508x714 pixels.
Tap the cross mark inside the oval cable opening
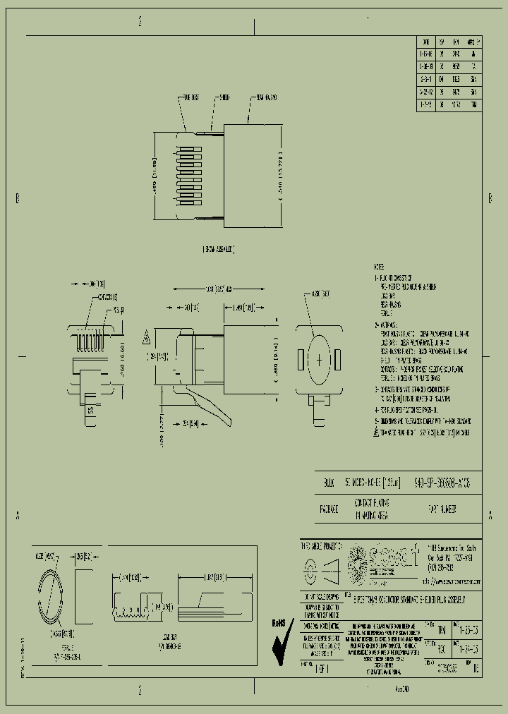click(320, 360)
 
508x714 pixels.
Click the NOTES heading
click(379, 267)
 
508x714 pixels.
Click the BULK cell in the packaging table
click(329, 483)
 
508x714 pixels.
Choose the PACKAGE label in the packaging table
click(329, 507)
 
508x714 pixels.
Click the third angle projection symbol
click(321, 567)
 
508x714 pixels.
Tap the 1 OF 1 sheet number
click(322, 665)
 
